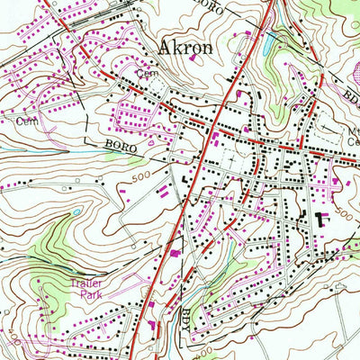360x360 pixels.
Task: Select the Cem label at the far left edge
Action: pyautogui.click(x=23, y=119)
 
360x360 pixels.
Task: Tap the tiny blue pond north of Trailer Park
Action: pyautogui.click(x=76, y=213)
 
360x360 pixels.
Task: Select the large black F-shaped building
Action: pyautogui.click(x=321, y=216)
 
